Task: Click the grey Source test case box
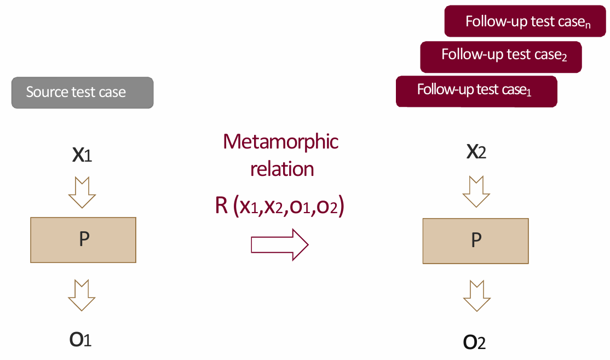(82, 93)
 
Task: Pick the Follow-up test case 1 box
(476, 91)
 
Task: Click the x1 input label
(82, 155)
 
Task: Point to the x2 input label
(476, 152)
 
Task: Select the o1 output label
(80, 339)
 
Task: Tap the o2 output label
(475, 342)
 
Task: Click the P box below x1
(83, 240)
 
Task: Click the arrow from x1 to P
(82, 192)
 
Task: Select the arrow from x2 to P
(476, 191)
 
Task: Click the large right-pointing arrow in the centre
(279, 244)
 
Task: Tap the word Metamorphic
(280, 142)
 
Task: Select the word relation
(281, 169)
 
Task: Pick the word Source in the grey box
(47, 92)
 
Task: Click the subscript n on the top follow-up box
(588, 25)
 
